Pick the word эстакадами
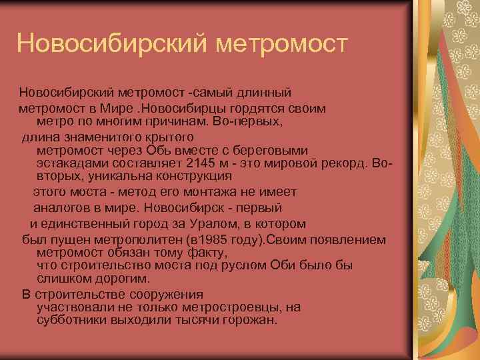coord(69,164)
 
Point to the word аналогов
coord(60,207)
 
